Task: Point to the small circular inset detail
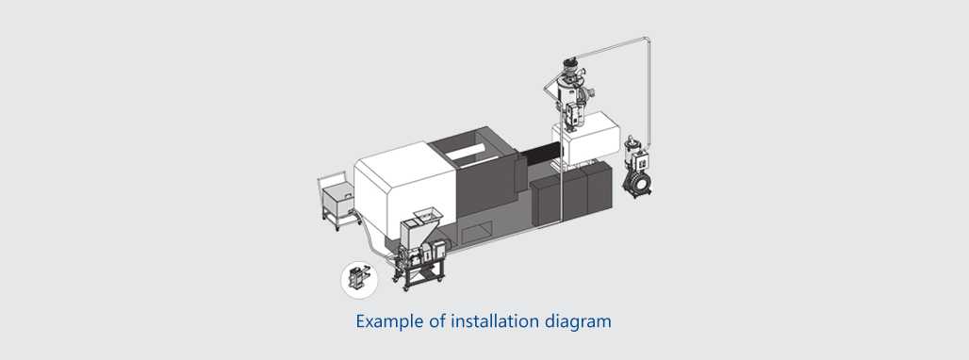(358, 279)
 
